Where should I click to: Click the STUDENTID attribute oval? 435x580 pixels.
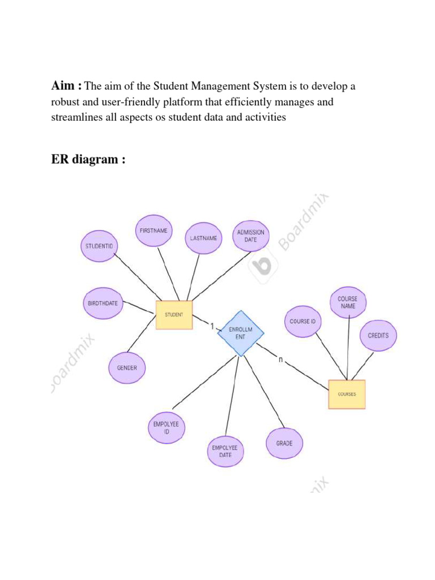tap(100, 246)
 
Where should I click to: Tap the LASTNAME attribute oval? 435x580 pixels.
tap(204, 238)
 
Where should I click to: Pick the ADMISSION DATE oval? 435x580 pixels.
tap(251, 236)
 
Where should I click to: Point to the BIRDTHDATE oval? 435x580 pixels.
tap(103, 303)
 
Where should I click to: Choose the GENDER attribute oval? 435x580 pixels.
tap(127, 368)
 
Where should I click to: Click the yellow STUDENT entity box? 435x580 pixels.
tap(174, 314)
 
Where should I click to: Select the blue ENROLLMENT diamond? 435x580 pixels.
tap(241, 333)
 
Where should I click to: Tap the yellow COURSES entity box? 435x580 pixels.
tap(347, 394)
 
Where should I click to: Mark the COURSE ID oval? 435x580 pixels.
tap(302, 321)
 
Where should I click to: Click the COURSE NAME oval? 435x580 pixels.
tap(348, 302)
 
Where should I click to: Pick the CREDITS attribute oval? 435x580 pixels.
tap(378, 335)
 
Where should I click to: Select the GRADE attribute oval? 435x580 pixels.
tap(284, 443)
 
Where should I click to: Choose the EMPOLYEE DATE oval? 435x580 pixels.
tap(225, 451)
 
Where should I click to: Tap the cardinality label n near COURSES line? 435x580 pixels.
tap(280, 359)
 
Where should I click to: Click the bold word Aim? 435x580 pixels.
tap(65, 86)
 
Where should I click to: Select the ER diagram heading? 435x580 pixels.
tap(88, 160)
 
